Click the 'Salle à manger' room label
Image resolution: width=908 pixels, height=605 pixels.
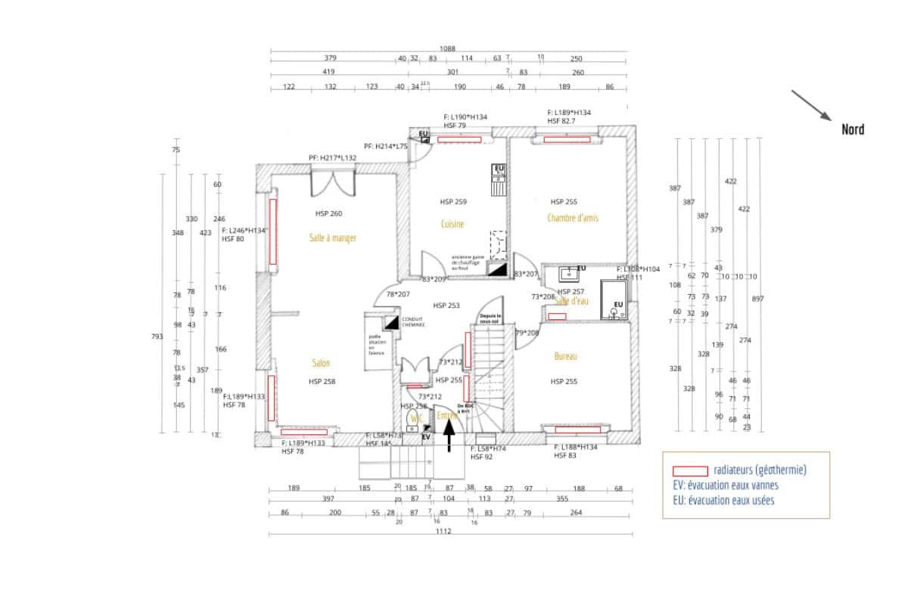click(332, 237)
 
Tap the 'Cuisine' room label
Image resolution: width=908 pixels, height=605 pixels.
click(452, 224)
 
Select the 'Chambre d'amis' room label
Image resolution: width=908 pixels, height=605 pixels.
click(573, 218)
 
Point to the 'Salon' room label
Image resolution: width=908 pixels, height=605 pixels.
click(321, 363)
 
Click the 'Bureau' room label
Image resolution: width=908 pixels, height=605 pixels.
click(565, 355)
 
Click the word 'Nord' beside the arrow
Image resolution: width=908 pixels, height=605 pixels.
click(853, 129)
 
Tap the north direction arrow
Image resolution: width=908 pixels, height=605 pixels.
click(811, 106)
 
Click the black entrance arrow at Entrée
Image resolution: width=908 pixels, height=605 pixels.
click(449, 435)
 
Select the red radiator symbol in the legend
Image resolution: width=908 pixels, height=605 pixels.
click(685, 470)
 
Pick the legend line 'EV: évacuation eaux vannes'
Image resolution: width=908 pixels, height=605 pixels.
click(725, 486)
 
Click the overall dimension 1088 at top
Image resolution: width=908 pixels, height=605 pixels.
click(447, 48)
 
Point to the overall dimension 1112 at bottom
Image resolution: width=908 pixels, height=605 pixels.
click(443, 532)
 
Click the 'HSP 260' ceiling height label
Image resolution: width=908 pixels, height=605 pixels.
click(328, 213)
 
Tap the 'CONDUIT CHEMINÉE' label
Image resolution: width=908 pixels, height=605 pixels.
click(412, 322)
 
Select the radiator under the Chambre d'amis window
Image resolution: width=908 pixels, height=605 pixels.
click(567, 139)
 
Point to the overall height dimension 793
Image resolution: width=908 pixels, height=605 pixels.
click(157, 337)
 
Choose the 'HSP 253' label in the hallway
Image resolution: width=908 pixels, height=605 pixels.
click(446, 306)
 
